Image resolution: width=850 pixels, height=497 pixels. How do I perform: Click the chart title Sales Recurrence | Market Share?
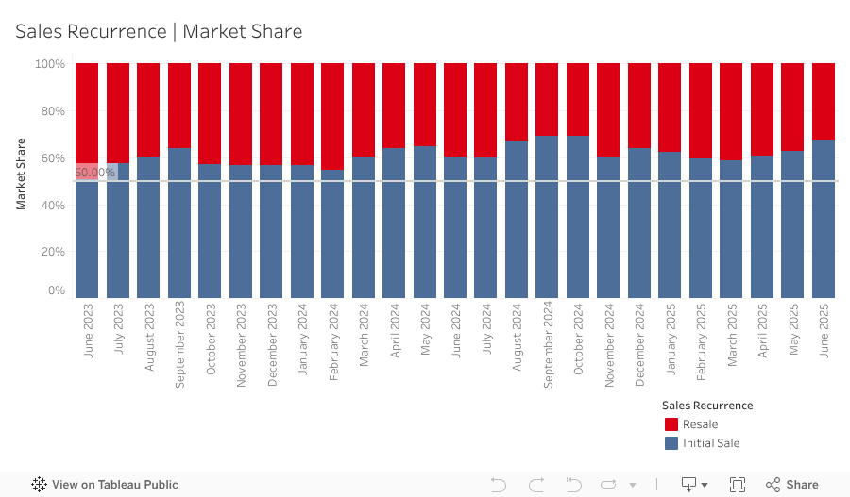159,31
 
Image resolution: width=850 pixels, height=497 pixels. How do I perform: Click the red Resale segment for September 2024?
548,99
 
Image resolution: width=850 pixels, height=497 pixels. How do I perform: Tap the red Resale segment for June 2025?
824,101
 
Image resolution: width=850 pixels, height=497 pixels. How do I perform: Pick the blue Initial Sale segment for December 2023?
271,232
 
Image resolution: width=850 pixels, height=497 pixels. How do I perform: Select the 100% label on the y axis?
49,64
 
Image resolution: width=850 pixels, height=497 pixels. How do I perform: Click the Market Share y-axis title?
21,174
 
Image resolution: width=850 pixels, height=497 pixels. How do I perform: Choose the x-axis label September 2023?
179,344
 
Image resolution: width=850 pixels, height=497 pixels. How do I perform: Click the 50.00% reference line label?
94,173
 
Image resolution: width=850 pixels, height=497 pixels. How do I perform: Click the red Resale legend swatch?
671,424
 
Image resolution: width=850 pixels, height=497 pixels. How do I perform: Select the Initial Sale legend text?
711,443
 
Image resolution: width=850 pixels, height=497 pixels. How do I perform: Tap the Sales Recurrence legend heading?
707,406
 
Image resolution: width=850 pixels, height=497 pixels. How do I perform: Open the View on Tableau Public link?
105,485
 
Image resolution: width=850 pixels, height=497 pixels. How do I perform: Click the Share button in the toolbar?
792,485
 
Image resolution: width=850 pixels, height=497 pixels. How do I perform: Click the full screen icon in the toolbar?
738,485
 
